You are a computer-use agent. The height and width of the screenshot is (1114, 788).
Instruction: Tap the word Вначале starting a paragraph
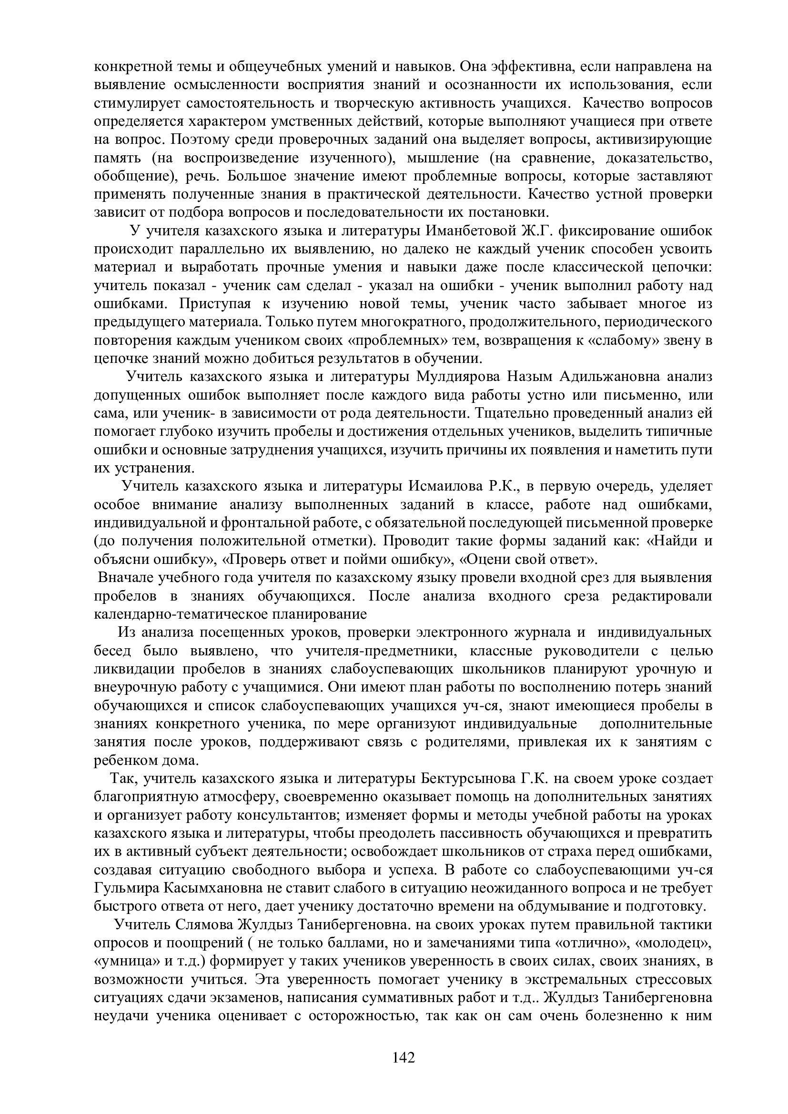[x=125, y=578]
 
